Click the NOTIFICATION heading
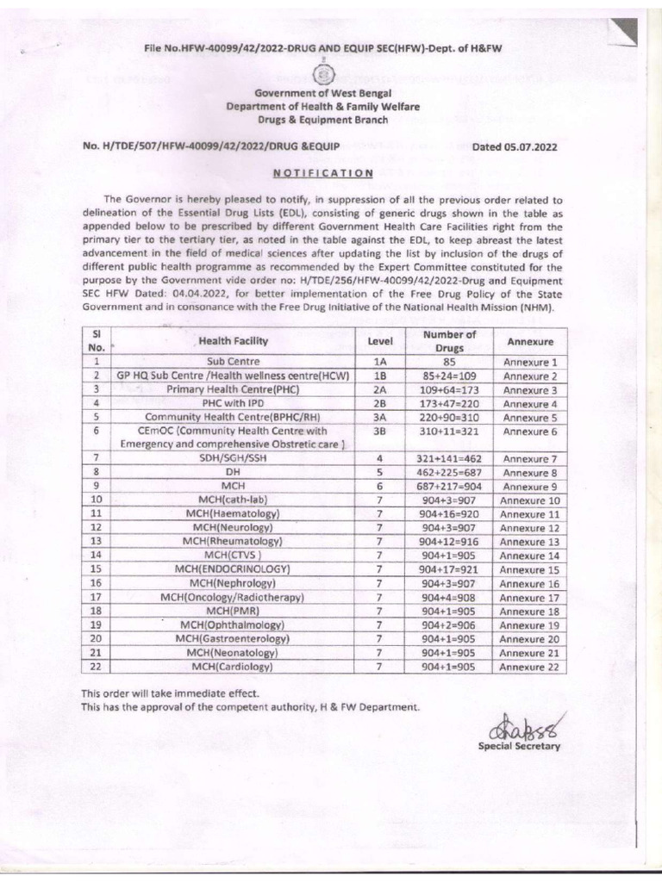[x=322, y=172]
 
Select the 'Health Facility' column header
[x=233, y=341]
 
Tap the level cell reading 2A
[x=379, y=390]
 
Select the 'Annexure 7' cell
[x=530, y=459]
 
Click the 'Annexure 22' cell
[x=530, y=667]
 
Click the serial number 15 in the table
[x=97, y=569]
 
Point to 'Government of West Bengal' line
[x=322, y=93]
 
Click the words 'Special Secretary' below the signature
[x=519, y=746]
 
